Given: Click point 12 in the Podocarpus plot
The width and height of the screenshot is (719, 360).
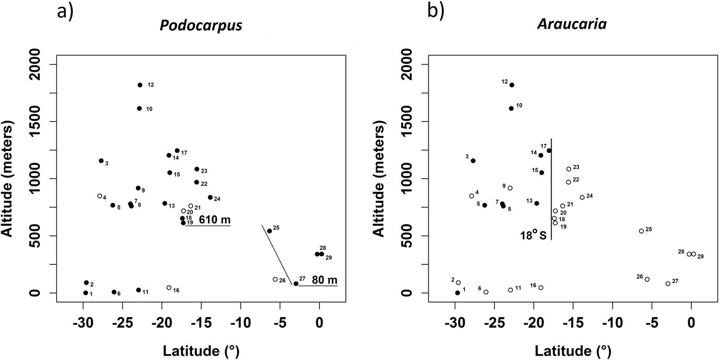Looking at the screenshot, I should tap(140, 85).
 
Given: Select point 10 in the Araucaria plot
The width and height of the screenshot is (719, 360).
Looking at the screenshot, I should tap(511, 108).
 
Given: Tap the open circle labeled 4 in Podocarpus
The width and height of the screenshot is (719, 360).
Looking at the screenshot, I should tap(100, 196).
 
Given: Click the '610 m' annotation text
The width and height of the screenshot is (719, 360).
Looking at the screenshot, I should tap(215, 219).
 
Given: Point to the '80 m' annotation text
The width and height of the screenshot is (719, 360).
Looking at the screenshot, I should tap(324, 280).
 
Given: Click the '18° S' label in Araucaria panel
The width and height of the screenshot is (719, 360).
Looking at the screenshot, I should tap(533, 235).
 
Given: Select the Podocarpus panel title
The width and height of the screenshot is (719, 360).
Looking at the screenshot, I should tap(201, 25).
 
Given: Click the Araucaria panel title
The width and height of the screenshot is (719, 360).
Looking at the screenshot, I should tap(572, 24).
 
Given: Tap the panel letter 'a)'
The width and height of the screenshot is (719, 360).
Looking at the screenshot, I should tap(66, 12).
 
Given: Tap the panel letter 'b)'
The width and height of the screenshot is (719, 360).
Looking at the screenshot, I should tap(436, 12).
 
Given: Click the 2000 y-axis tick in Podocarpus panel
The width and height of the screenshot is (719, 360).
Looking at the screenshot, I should tap(45, 65).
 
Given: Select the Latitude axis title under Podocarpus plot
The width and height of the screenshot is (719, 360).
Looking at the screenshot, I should tap(201, 350).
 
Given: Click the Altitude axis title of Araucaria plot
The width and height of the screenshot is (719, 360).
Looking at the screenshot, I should tap(379, 179).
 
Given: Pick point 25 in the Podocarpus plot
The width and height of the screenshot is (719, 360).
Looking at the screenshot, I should tap(269, 231).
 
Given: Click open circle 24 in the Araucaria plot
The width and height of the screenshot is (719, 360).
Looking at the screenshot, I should tap(582, 197).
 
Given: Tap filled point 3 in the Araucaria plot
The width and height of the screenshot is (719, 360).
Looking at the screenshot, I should tap(473, 161).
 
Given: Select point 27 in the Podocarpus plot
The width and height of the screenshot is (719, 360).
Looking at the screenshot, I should tap(296, 284).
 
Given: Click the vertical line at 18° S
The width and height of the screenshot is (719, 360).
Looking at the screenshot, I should tap(551, 188).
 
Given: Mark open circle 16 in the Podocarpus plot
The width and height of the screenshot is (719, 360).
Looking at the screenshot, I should tap(169, 287).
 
